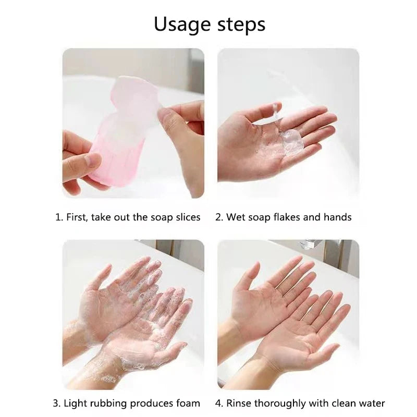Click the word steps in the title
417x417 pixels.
pos(238,25)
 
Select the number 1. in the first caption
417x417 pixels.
pos(59,217)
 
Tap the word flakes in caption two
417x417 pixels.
pos(286,217)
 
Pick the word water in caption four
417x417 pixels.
pos(372,403)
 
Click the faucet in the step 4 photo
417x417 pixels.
pos(313,246)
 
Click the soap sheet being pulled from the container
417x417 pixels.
pos(137,94)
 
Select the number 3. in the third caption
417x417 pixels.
pos(57,403)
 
